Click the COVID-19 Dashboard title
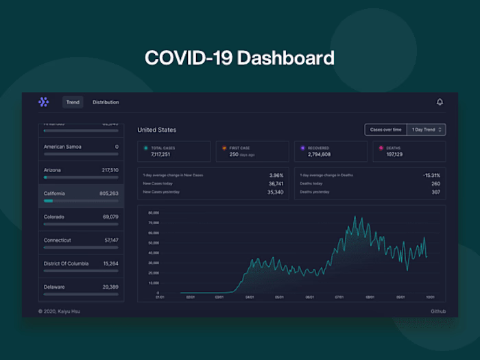(x=239, y=58)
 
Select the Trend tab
(x=73, y=102)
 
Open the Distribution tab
(x=106, y=102)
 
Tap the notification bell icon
(x=440, y=102)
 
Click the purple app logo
(x=44, y=102)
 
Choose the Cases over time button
(x=385, y=130)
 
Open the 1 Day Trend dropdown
(x=426, y=130)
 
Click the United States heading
(x=156, y=130)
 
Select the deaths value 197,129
(x=394, y=155)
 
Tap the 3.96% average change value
(x=276, y=175)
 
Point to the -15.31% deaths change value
(x=431, y=175)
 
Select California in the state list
(x=54, y=193)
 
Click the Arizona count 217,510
(x=110, y=170)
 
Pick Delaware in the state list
(x=54, y=287)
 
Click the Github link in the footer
(x=437, y=311)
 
